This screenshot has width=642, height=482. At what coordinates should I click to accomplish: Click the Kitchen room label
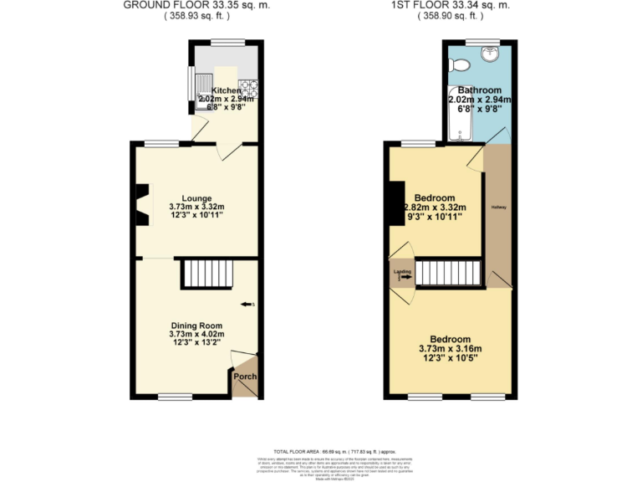click(226, 90)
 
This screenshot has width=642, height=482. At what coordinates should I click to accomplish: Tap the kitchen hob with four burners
click(249, 86)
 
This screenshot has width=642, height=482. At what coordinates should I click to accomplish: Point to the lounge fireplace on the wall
click(143, 205)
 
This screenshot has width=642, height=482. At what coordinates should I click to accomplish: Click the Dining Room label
click(197, 326)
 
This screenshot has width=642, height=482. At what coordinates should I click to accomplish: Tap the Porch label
click(244, 377)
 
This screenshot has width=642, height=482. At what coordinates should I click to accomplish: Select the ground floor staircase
click(206, 273)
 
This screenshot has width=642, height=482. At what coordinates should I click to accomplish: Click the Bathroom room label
click(479, 90)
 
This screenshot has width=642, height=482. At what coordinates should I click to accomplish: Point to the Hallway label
click(498, 207)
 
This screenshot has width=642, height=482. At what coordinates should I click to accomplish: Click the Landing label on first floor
click(400, 271)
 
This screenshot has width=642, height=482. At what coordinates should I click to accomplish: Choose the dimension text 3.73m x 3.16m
click(451, 349)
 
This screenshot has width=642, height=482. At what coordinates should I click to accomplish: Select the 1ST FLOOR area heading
click(451, 5)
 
